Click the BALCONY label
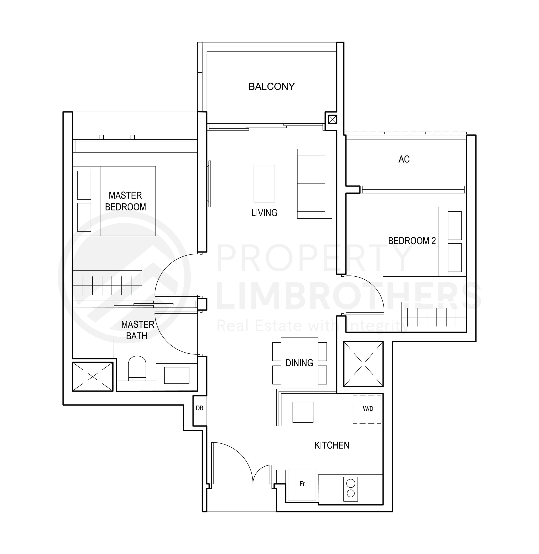272,86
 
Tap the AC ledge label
404,159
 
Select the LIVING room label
264,213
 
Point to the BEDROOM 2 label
412,241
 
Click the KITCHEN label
332,445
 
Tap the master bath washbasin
176,375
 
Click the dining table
299,363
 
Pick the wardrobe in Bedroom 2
434,317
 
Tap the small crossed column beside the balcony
333,119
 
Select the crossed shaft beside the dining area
363,364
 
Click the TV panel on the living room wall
209,184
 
